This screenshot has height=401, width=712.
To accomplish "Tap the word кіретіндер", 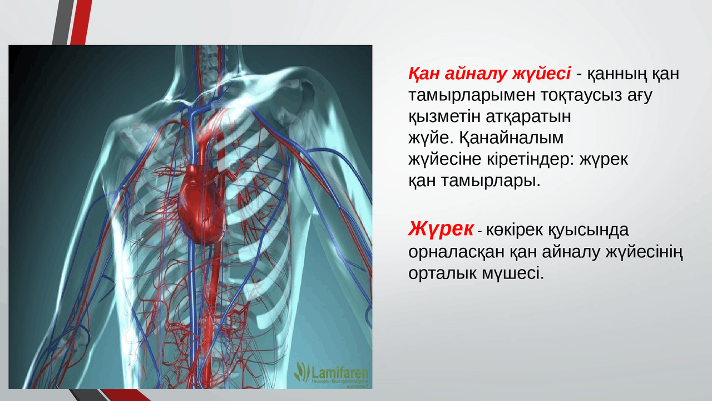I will (529, 159).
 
